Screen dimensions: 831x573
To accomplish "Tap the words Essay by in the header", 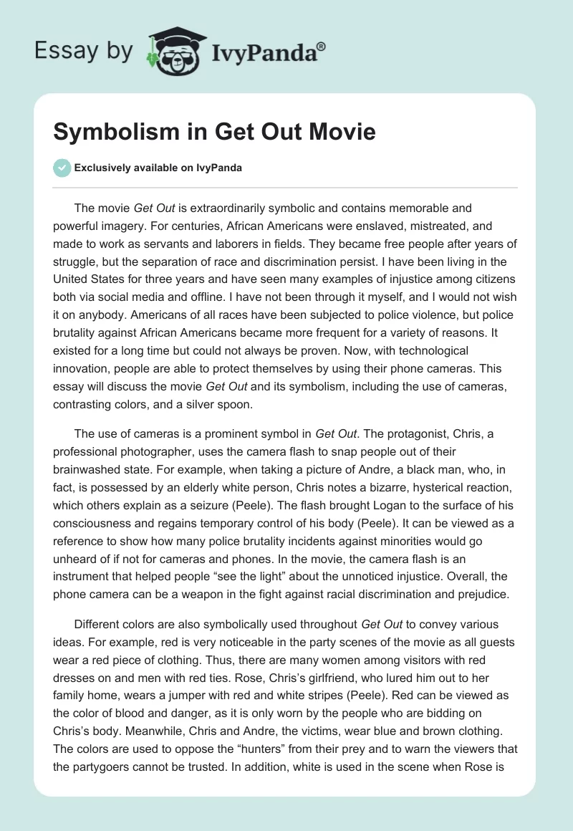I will tap(83, 50).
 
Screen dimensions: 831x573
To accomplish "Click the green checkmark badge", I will tap(62, 168).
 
